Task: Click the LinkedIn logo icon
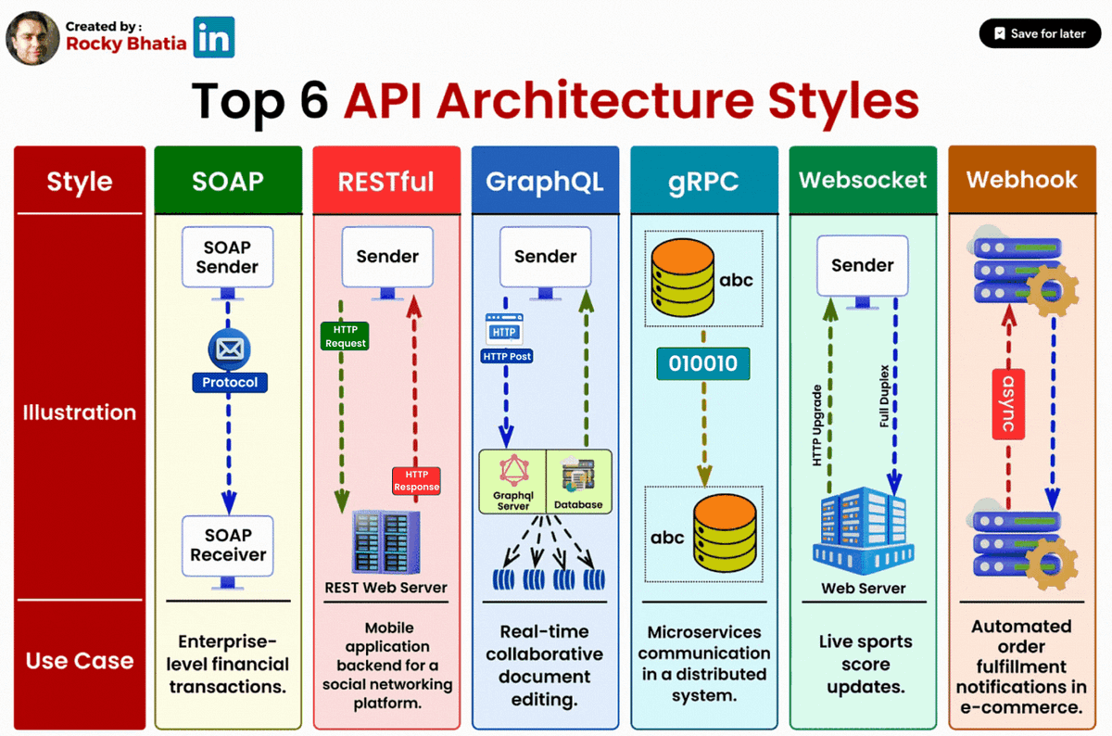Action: [214, 38]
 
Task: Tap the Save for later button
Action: [1039, 33]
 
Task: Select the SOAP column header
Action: [228, 180]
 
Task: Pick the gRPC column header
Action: [704, 180]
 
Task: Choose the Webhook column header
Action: [1022, 179]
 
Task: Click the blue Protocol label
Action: [229, 382]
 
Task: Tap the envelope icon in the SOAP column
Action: [229, 349]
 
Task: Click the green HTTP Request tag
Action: [346, 336]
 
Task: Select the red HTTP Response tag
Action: [416, 480]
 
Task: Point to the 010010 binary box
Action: [703, 363]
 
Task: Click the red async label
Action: [1007, 403]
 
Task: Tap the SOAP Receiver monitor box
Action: [228, 546]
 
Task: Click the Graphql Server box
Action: [512, 481]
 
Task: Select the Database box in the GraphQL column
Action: [579, 481]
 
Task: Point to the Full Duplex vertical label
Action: [884, 397]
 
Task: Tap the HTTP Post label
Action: [506, 356]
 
